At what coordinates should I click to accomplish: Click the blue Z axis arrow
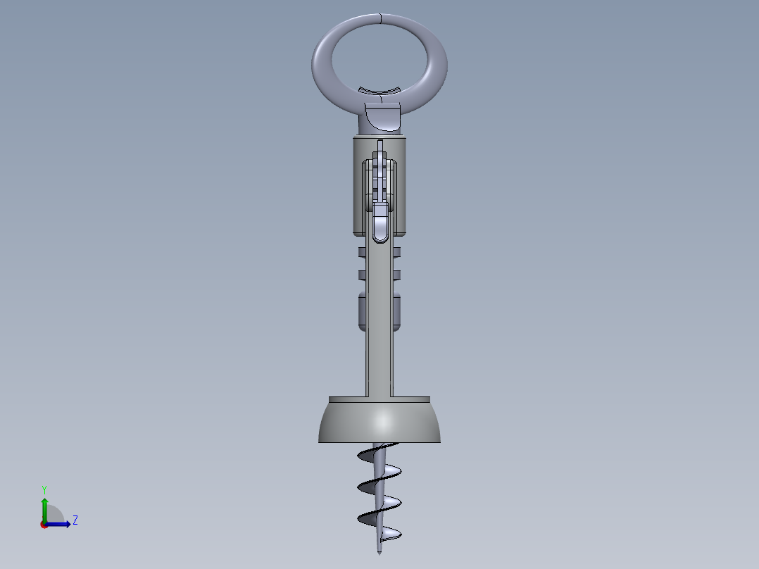point(62,524)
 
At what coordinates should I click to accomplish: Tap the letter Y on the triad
point(44,489)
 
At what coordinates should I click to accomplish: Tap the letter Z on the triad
point(75,520)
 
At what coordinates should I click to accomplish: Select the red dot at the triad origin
point(44,525)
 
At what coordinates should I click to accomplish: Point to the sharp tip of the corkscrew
point(379,552)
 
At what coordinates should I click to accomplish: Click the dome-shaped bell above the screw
point(379,423)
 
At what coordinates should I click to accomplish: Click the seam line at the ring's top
point(379,18)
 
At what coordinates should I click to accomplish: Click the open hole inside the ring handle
point(379,56)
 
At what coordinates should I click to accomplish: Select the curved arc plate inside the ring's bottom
point(379,90)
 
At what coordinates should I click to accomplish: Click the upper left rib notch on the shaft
point(362,252)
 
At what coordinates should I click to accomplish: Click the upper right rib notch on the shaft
point(397,252)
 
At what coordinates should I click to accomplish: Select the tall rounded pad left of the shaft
point(362,311)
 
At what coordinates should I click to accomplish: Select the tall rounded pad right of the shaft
point(397,311)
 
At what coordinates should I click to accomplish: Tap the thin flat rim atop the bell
point(379,399)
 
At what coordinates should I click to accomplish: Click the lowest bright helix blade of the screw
point(389,532)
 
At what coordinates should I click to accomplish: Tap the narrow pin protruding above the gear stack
point(380,146)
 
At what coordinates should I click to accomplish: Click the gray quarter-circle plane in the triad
point(55,514)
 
